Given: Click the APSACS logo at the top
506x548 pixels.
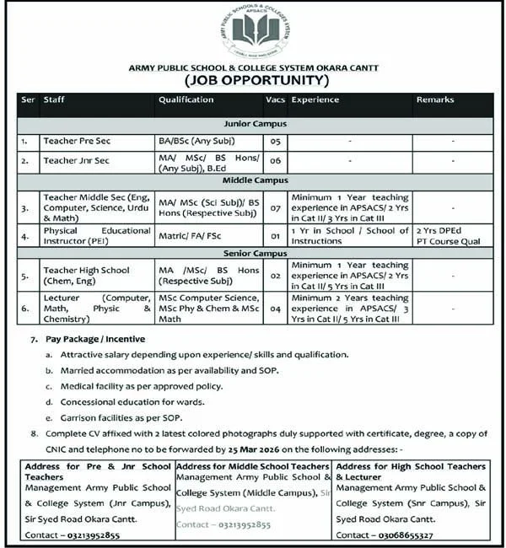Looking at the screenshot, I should pos(255,32).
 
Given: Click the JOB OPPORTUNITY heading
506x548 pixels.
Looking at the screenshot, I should pos(254,81).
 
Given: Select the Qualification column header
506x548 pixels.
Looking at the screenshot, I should pos(186,100).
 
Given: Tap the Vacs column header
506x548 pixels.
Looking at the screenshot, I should pos(275,100).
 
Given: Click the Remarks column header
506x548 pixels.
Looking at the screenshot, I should pos(434,100).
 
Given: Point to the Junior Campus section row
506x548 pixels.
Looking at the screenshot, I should pos(254,123).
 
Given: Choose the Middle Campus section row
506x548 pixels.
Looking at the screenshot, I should pos(254,180).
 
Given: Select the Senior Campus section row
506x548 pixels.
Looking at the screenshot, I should pos(254,253).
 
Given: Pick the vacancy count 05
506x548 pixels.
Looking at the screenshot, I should pos(275,141).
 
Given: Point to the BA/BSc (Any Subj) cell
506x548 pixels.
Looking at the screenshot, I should pos(196,140).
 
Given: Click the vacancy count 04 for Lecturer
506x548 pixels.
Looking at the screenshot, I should pos(275,309).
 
